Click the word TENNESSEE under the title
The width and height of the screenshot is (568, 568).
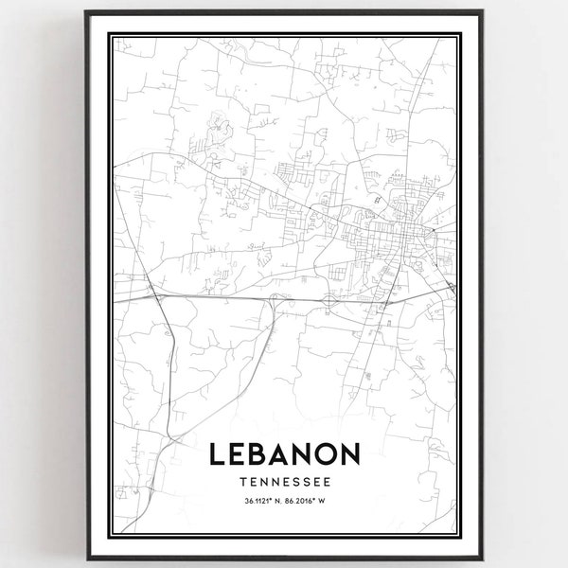coord(283,483)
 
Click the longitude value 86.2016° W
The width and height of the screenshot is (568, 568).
coord(312,502)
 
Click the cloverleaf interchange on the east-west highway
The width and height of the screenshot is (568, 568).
coord(328,299)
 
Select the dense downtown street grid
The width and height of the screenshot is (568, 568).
coord(388,232)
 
